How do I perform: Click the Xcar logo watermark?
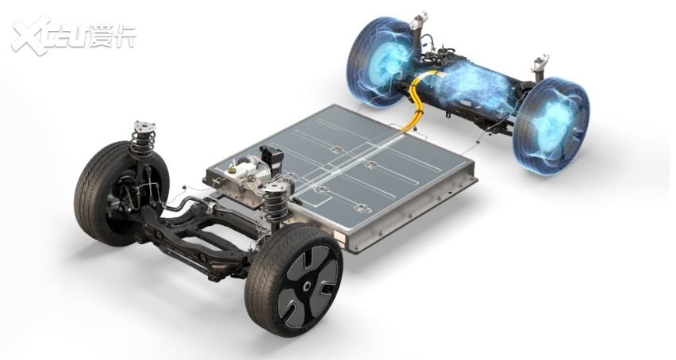[x=73, y=36]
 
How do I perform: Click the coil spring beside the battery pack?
[x=275, y=201]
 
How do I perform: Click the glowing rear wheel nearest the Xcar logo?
[x=381, y=63]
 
